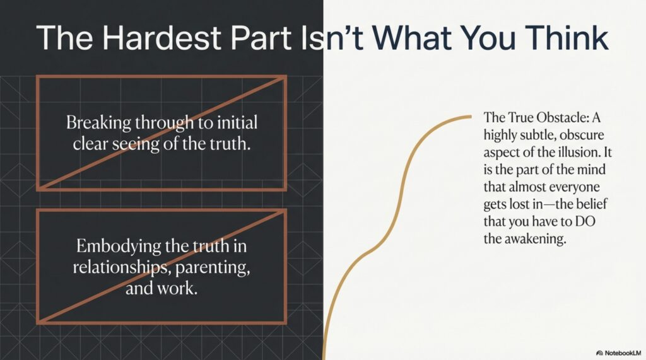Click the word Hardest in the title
click(162, 37)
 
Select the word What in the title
click(412, 37)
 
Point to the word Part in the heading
click(261, 37)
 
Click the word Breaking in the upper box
click(98, 123)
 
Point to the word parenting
click(213, 269)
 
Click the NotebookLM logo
click(619, 353)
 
